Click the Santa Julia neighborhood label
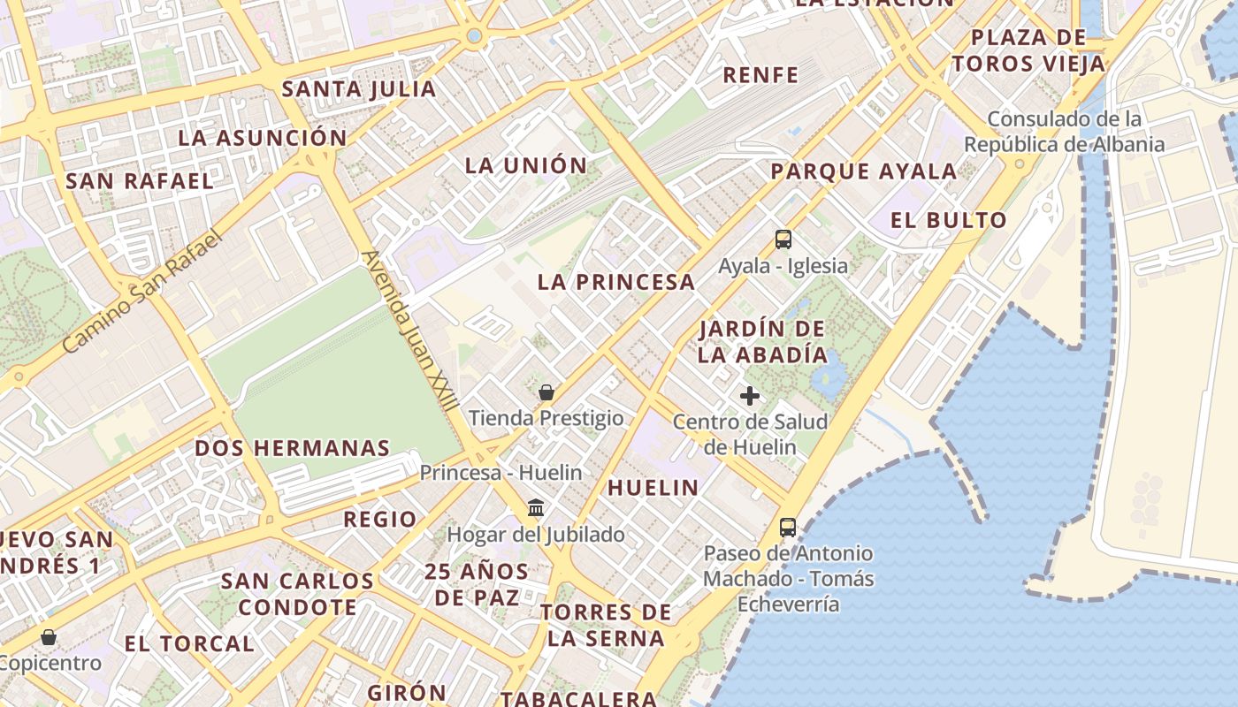tap(359, 89)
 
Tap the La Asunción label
tap(263, 138)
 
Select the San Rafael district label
tap(140, 181)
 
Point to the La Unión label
tap(526, 165)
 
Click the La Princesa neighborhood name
tap(616, 283)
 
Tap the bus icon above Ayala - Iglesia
tap(783, 239)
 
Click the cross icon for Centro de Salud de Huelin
tap(750, 396)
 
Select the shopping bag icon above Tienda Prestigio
tap(546, 392)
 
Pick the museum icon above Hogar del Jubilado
tap(536, 508)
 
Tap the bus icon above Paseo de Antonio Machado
tap(787, 528)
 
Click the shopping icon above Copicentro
tap(49, 637)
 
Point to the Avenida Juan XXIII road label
tap(410, 332)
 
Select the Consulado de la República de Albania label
tap(1065, 132)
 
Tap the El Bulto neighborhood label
tap(949, 220)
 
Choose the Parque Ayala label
tap(864, 171)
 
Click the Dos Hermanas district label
tap(293, 448)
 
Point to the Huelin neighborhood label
tap(653, 487)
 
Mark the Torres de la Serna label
tap(606, 625)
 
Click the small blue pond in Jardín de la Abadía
tap(829, 378)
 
